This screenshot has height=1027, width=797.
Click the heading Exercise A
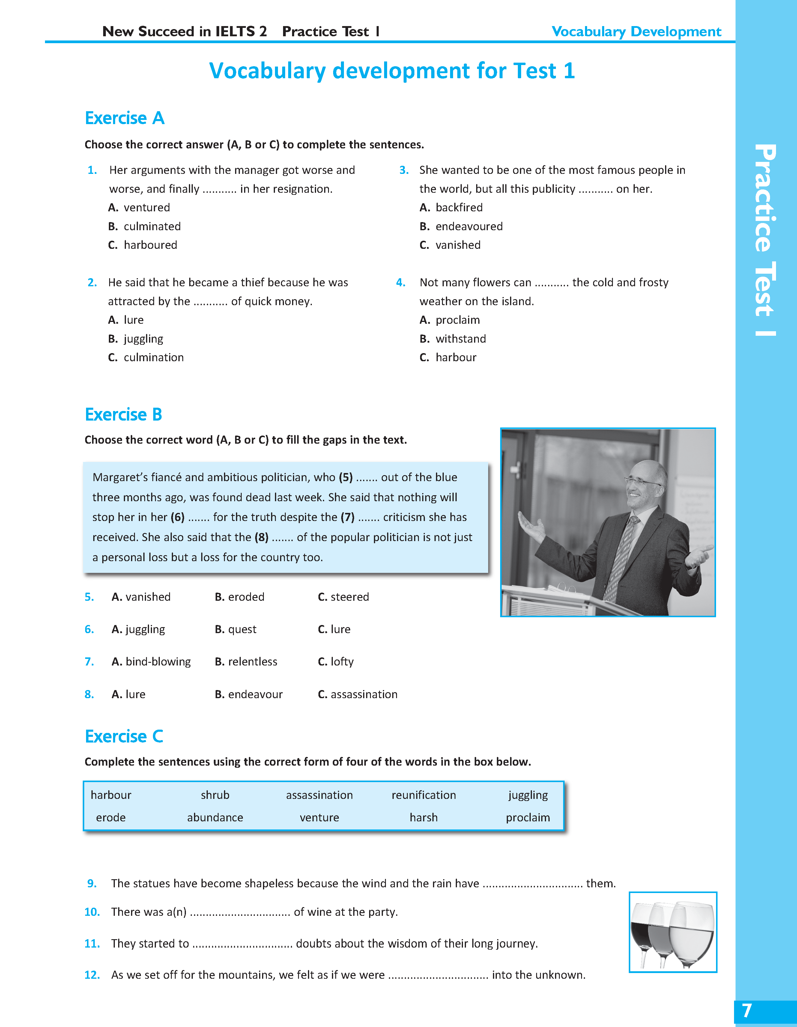click(x=125, y=118)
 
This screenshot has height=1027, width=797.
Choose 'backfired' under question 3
click(x=459, y=207)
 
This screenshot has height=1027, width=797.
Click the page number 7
click(x=747, y=1011)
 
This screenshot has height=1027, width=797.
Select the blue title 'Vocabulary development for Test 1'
click(x=392, y=71)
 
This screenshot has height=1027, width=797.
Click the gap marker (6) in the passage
click(x=178, y=517)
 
